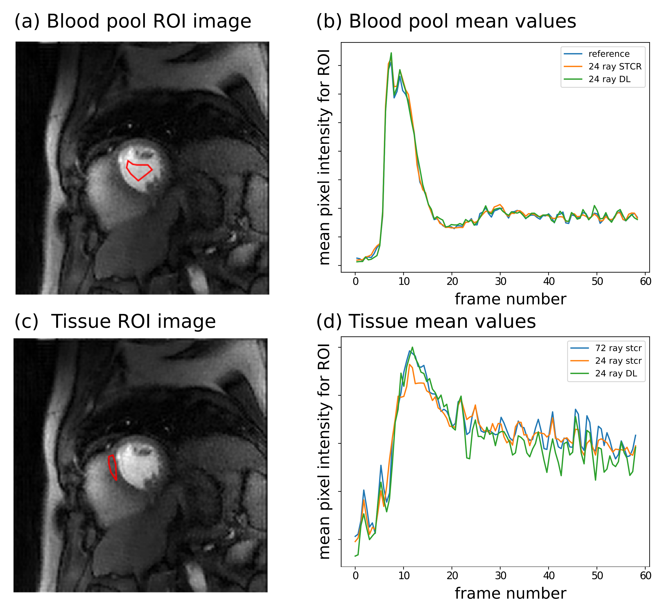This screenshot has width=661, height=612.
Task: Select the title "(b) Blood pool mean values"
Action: click(446, 22)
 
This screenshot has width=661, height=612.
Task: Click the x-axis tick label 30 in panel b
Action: click(500, 281)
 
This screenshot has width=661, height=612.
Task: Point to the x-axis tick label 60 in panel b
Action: click(645, 281)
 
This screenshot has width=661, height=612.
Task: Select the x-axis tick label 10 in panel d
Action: click(404, 576)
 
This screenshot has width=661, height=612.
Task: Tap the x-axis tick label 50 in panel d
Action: click(597, 576)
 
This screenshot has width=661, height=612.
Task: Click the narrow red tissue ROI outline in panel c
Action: click(113, 467)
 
